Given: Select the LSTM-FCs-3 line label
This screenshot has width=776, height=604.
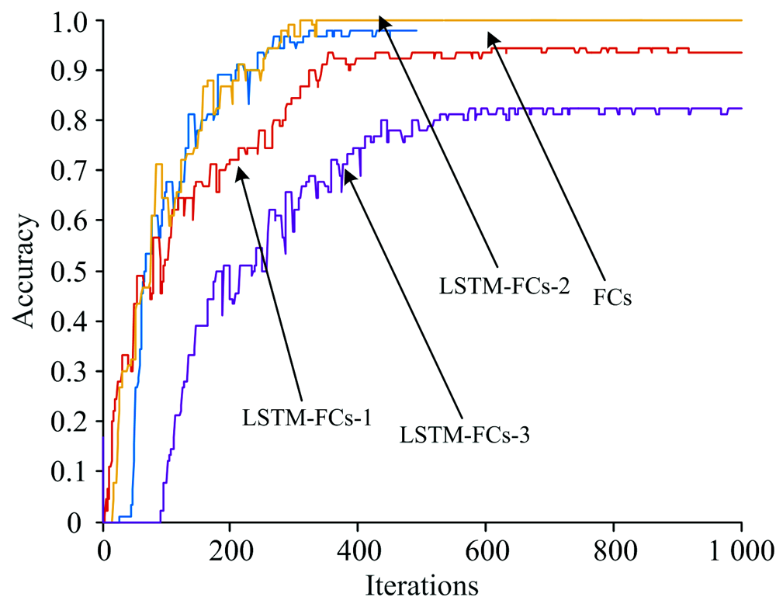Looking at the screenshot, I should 465,435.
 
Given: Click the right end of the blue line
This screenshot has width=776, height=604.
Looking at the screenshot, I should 417,30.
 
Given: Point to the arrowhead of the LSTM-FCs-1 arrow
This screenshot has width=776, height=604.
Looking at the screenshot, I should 240,172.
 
